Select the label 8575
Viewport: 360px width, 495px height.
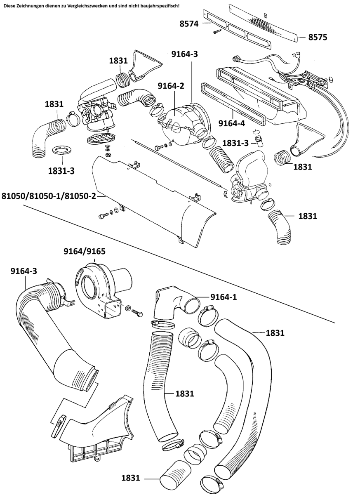click(x=318, y=37)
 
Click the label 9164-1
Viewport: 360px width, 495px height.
click(x=224, y=297)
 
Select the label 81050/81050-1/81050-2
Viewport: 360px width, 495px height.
click(x=49, y=196)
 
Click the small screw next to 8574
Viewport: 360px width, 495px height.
click(x=216, y=31)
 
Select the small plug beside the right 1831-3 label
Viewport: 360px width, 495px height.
click(x=260, y=141)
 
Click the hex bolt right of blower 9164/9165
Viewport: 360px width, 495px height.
click(x=136, y=312)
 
